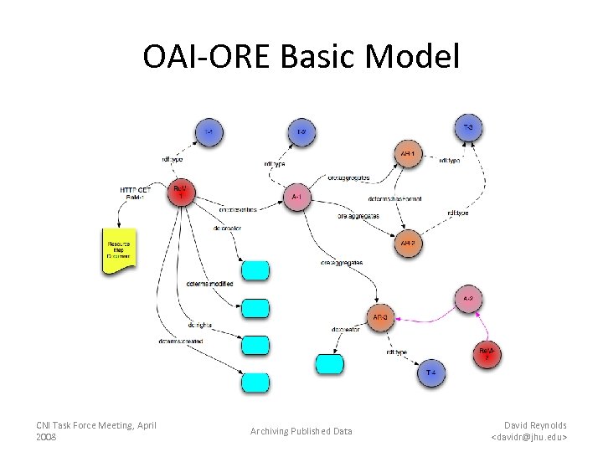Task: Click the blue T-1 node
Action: tap(209, 132)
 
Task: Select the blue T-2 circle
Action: tap(301, 132)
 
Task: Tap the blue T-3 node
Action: tap(468, 127)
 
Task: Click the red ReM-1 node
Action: tap(181, 193)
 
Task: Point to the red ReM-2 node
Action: tap(486, 354)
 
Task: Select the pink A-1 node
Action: tap(296, 198)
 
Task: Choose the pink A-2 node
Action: tap(469, 299)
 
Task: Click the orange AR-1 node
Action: tap(406, 155)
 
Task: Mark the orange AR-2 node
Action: tap(406, 244)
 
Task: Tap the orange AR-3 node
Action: tap(379, 317)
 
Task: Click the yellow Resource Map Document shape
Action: tap(116, 250)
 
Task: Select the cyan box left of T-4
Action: tap(328, 364)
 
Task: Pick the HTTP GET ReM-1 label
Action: tap(136, 193)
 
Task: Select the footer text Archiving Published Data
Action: tap(301, 431)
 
